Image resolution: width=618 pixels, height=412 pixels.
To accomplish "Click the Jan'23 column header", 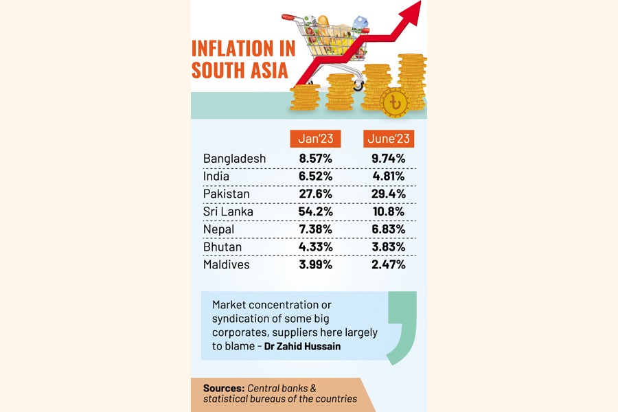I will click(315, 139).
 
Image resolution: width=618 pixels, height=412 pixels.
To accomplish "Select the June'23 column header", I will click(389, 139).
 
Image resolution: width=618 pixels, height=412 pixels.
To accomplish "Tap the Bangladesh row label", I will click(234, 159).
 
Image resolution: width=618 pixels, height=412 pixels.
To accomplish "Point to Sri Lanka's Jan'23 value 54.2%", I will click(316, 211).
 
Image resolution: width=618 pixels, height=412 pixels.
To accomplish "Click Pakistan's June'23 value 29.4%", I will click(389, 194).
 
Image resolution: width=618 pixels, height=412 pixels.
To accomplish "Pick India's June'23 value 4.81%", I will click(389, 176).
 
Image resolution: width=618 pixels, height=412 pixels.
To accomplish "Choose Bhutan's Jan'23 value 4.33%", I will click(316, 247).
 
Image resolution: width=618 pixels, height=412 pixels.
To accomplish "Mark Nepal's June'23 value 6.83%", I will click(389, 229).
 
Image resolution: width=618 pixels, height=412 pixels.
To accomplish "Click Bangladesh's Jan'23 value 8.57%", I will click(316, 159).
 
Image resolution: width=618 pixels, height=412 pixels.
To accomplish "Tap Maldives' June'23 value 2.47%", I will click(389, 264).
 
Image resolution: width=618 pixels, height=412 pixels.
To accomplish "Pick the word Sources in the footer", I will click(224, 388).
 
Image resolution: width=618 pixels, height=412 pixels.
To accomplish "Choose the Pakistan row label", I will click(227, 194).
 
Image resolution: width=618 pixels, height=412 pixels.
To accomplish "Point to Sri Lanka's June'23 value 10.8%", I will click(389, 211).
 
